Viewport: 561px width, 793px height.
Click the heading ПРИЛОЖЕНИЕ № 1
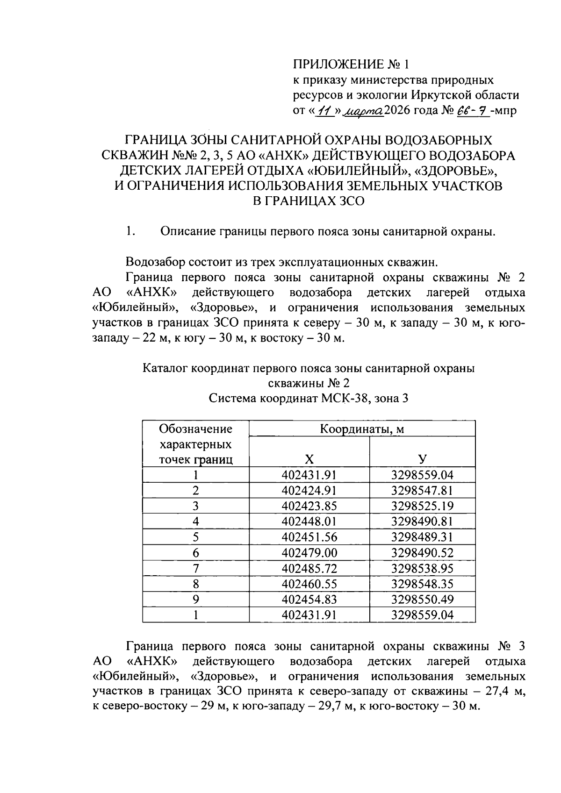pos(351,64)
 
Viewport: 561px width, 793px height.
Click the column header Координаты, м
pos(361,429)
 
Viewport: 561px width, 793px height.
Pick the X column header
pos(309,459)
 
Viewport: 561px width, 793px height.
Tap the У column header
pos(422,459)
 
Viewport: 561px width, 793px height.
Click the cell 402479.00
pos(309,553)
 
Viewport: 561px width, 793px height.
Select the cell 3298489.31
pos(422,537)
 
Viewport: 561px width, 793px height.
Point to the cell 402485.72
pos(309,568)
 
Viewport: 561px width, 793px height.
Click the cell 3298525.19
pos(422,506)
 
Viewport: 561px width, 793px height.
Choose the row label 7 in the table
pos(195,568)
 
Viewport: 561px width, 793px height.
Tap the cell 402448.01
pos(309,522)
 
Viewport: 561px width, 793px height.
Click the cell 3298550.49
pos(422,599)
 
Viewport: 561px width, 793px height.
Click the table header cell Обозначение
pos(195,429)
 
